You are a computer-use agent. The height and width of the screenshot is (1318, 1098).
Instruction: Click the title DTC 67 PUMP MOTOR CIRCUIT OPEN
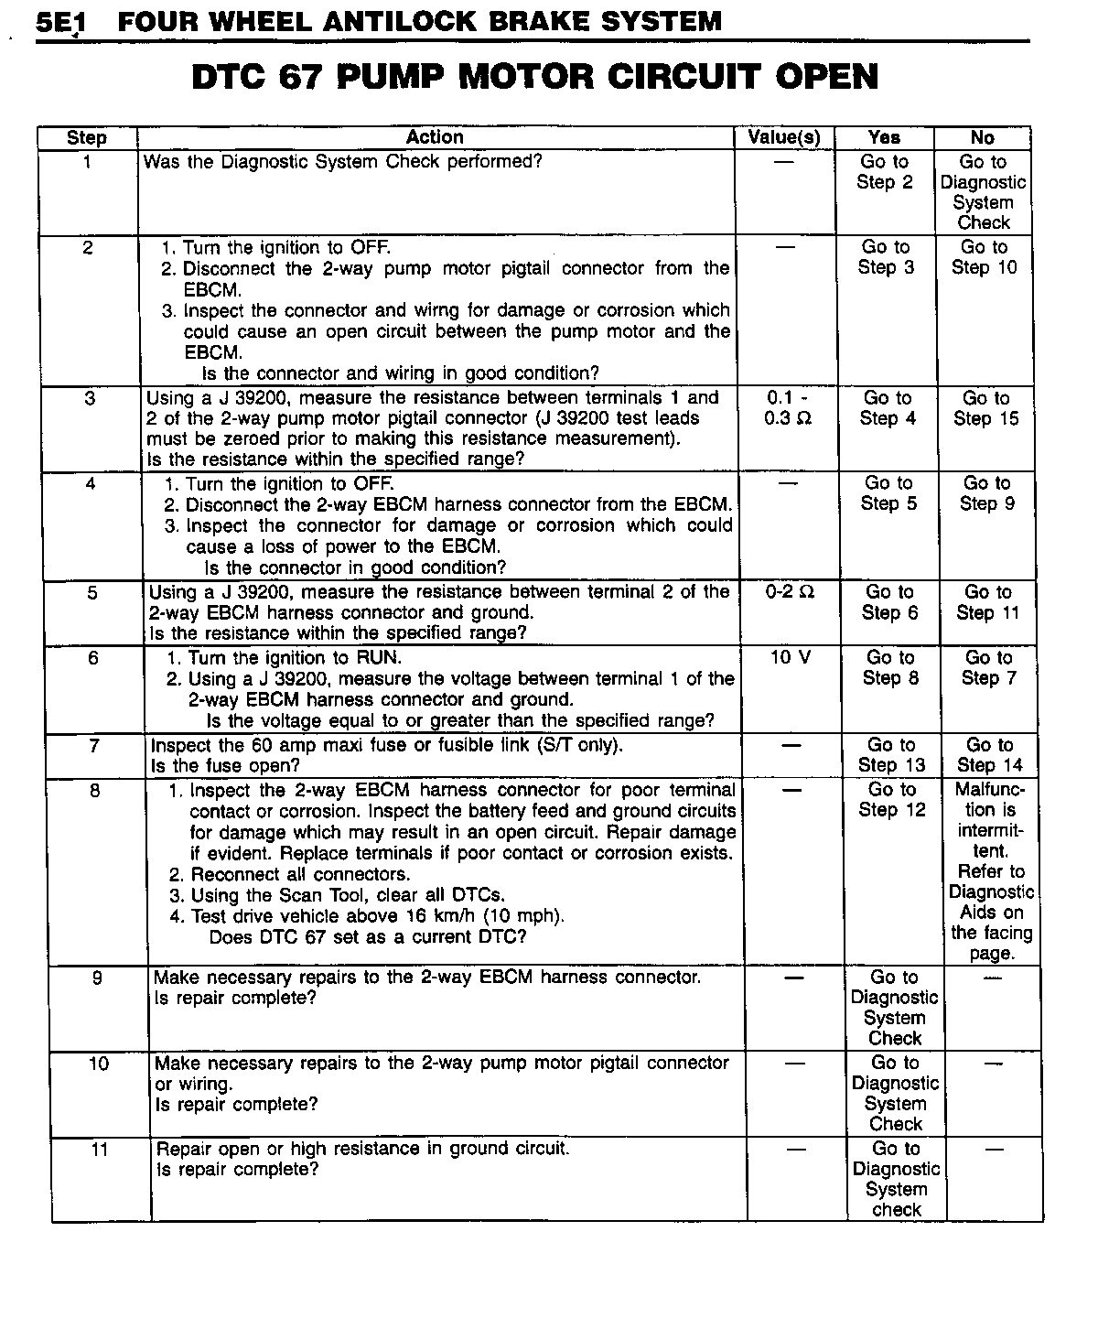click(535, 77)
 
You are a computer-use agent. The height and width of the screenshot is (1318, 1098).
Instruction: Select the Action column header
click(435, 137)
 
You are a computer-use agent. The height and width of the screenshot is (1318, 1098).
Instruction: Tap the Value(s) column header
click(784, 137)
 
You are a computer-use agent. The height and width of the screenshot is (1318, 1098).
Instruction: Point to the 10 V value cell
click(791, 658)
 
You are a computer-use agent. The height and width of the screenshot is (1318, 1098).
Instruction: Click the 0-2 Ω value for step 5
click(791, 592)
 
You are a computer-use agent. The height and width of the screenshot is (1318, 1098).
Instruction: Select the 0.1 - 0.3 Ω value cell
click(788, 408)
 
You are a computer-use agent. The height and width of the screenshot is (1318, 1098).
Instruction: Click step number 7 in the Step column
click(94, 746)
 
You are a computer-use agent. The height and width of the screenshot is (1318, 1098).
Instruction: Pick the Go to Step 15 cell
click(985, 408)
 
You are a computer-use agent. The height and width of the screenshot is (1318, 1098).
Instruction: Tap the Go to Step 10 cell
click(984, 257)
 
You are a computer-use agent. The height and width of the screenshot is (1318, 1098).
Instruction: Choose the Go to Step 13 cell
click(891, 755)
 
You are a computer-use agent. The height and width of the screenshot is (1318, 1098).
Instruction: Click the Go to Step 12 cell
click(892, 799)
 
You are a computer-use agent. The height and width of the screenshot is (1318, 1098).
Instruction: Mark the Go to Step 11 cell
click(987, 602)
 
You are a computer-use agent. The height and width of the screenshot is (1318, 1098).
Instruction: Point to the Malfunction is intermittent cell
click(991, 870)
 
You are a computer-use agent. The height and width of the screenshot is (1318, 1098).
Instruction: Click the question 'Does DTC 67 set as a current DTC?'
click(368, 937)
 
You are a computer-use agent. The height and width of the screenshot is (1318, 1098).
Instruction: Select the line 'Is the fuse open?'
click(225, 766)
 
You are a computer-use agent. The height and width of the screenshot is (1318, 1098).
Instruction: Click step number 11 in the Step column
click(100, 1150)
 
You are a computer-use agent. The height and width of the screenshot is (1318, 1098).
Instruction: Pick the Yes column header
click(884, 137)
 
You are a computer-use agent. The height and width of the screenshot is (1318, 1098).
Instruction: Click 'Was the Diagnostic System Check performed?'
click(343, 162)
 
